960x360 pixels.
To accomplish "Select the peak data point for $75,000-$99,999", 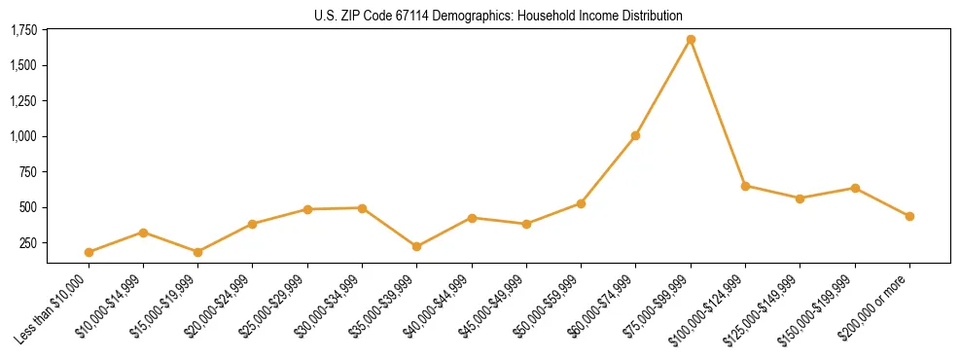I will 691,40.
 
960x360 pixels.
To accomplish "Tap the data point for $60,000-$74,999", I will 635,135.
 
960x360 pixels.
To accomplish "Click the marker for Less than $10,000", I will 89,252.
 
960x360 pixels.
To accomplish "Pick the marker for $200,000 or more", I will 909,216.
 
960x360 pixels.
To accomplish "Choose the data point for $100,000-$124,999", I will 745,186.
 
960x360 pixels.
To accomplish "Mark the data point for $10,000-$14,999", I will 143,233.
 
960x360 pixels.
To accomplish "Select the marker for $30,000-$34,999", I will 362,208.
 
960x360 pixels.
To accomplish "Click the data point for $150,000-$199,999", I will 855,188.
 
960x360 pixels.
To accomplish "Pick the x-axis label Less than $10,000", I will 54,309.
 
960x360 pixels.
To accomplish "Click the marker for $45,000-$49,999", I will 526,224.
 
